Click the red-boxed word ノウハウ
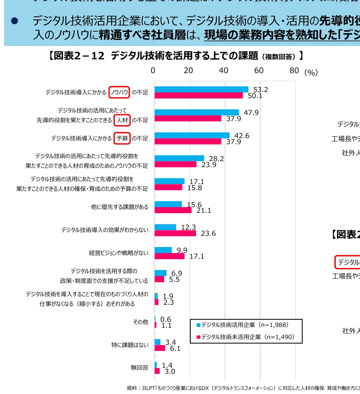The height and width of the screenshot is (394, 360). click(x=119, y=92)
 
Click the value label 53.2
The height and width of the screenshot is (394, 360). click(x=261, y=90)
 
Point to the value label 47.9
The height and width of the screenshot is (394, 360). click(x=251, y=113)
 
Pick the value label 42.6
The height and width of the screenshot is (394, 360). click(x=242, y=136)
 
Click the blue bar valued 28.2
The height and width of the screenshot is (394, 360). click(x=179, y=158)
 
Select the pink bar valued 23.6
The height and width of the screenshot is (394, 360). click(x=175, y=233)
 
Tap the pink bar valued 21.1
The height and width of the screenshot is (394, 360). click(x=173, y=210)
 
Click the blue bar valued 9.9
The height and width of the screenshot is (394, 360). click(x=163, y=250)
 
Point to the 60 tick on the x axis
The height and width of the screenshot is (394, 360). click(x=259, y=71)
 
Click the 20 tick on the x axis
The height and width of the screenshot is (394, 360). click(x=188, y=71)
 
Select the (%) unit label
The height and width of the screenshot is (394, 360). click(x=311, y=73)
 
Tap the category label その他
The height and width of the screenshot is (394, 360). click(x=141, y=322)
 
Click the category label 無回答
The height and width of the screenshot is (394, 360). click(x=139, y=368)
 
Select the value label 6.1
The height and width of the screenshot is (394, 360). click(x=175, y=348)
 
